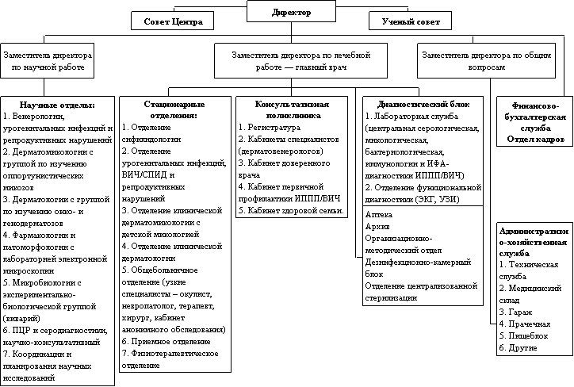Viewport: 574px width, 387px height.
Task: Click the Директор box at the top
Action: [292, 11]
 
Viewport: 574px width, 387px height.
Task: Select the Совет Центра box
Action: [172, 21]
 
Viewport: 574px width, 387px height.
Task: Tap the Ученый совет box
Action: [410, 21]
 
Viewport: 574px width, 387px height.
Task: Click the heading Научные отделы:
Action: [57, 105]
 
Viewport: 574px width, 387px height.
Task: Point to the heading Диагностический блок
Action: [423, 105]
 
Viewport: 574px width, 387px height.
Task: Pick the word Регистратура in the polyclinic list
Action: [274, 128]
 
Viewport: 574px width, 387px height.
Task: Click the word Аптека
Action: [378, 215]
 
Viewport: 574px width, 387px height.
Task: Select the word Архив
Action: [377, 227]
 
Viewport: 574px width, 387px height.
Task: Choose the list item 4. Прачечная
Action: [525, 324]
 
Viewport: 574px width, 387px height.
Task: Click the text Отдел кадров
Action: [536, 139]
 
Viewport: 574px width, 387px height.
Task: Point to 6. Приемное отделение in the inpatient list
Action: [166, 342]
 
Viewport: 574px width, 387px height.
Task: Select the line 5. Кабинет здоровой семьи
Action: [291, 210]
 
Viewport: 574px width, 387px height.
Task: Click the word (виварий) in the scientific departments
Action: [21, 318]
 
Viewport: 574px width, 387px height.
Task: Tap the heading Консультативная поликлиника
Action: [292, 110]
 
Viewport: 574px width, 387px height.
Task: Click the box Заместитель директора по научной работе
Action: [48, 60]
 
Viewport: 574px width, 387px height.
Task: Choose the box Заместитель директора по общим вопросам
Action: [486, 60]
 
